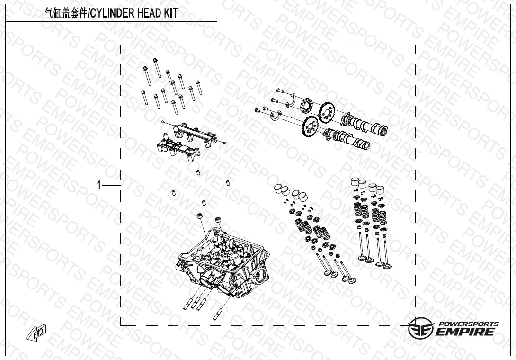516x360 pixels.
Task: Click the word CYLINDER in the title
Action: [112, 13]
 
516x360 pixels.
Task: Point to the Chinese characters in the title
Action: [65, 13]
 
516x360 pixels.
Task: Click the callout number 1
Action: [99, 185]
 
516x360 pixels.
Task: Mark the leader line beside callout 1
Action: [111, 186]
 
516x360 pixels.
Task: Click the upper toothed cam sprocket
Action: [327, 111]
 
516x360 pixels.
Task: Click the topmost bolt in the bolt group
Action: [157, 68]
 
